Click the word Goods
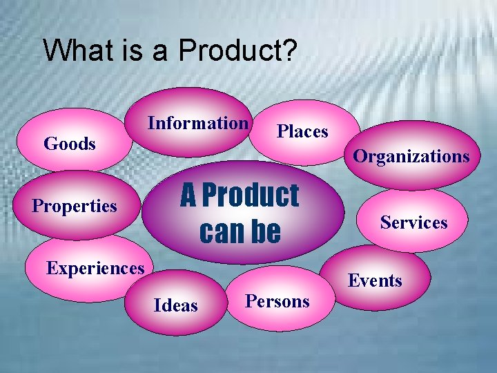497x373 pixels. (x=69, y=144)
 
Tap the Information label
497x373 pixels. (x=197, y=123)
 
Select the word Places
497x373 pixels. (x=302, y=131)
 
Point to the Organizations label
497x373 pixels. (x=411, y=156)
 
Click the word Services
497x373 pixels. (x=414, y=222)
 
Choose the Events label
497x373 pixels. (x=375, y=280)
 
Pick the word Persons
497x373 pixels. (x=277, y=301)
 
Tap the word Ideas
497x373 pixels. (x=176, y=305)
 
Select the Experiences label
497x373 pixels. (x=95, y=267)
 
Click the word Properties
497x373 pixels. (x=75, y=206)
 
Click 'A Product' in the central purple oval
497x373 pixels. (x=240, y=195)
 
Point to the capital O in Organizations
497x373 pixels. (x=360, y=156)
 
